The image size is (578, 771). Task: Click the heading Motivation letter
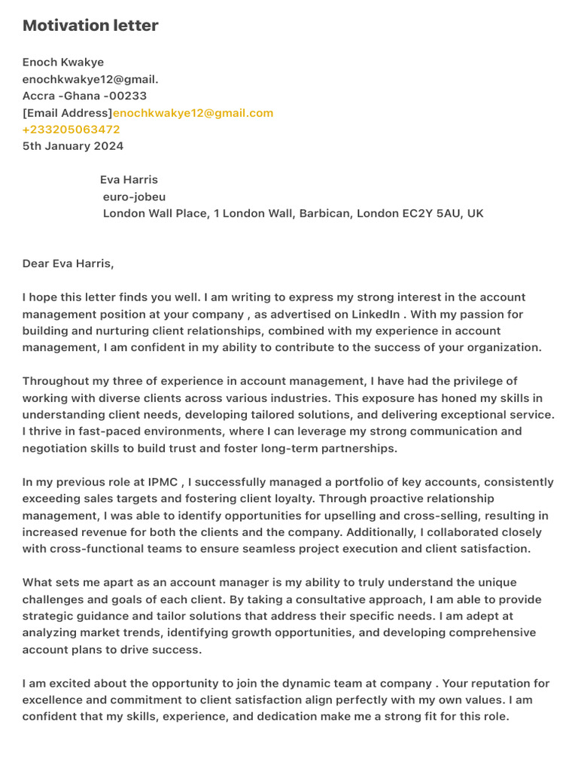(90, 26)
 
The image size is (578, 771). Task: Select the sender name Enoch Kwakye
(63, 62)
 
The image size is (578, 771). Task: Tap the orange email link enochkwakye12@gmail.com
(193, 113)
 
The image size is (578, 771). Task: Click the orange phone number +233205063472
(71, 130)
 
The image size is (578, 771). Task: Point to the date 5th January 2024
(73, 146)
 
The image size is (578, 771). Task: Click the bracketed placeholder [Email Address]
(67, 113)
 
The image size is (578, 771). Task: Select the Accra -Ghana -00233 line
(84, 96)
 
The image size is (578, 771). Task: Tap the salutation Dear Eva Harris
(68, 264)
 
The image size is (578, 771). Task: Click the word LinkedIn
(376, 314)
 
